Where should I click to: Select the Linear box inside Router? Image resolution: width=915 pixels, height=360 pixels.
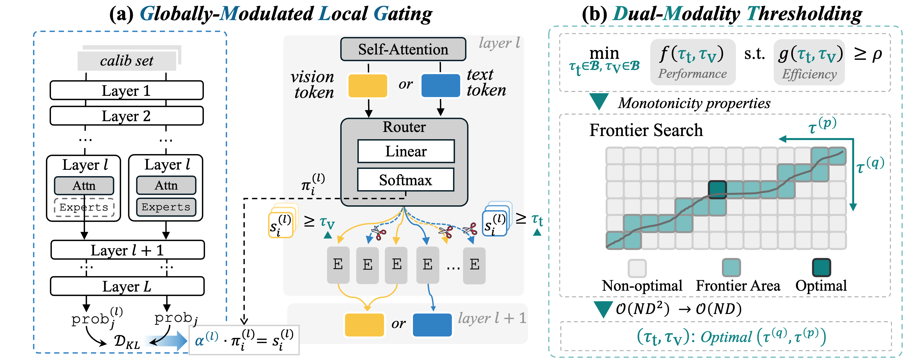click(x=406, y=151)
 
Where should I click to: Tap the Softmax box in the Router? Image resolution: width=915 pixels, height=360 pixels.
click(x=406, y=180)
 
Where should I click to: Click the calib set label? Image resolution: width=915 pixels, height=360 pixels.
click(x=127, y=61)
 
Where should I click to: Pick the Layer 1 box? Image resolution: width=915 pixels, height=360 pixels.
click(x=127, y=91)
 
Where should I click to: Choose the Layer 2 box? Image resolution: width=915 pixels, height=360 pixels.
click(x=127, y=116)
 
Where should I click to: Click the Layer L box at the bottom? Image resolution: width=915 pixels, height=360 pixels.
click(x=127, y=286)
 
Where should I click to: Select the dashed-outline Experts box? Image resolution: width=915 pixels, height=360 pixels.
click(x=84, y=207)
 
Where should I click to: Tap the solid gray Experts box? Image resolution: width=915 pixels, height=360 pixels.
click(x=166, y=207)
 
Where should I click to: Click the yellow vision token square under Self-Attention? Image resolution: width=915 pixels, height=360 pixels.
click(x=368, y=86)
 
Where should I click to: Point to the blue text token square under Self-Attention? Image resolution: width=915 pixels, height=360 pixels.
click(x=440, y=86)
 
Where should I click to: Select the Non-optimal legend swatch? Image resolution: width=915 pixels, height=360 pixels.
click(x=637, y=268)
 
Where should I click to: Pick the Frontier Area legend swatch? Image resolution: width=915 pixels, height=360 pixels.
click(x=731, y=268)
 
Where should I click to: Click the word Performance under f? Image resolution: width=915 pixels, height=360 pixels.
click(x=692, y=74)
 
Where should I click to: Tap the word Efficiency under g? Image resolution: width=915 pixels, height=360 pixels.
click(x=809, y=74)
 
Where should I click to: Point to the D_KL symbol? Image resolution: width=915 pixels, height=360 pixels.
click(x=127, y=342)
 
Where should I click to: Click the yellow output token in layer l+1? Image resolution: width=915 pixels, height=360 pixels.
click(x=364, y=325)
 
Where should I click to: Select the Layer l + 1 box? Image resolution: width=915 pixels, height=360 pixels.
click(x=128, y=250)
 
